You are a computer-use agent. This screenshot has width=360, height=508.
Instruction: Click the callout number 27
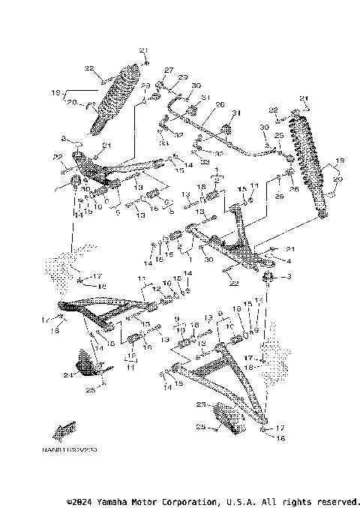[169, 70]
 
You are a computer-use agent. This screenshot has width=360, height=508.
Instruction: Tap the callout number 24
[67, 374]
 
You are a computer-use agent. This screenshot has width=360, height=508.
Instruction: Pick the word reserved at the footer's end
[337, 500]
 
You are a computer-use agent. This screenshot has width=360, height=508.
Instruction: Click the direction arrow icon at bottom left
[64, 429]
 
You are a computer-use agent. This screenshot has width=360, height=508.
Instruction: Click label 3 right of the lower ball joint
[286, 278]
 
